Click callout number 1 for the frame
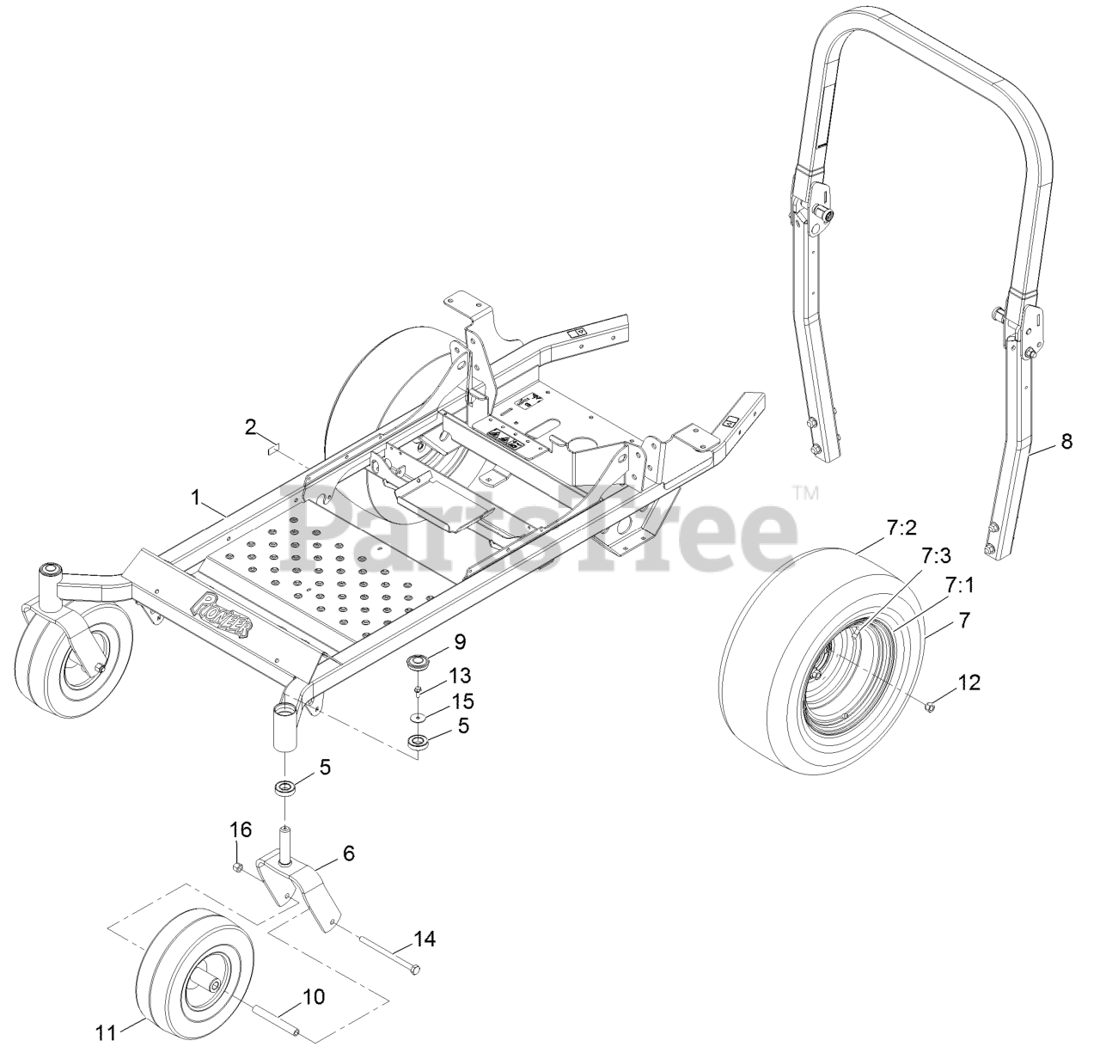point(196,497)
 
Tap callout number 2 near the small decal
point(251,425)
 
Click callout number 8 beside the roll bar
point(1066,442)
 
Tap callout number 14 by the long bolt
point(425,940)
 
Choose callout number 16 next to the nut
point(241,830)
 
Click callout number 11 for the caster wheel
point(106,1032)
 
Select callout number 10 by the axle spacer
point(314,997)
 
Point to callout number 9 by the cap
point(460,640)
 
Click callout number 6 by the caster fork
point(349,854)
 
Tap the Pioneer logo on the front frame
point(228,615)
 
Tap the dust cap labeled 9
point(419,663)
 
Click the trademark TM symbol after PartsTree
point(805,493)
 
